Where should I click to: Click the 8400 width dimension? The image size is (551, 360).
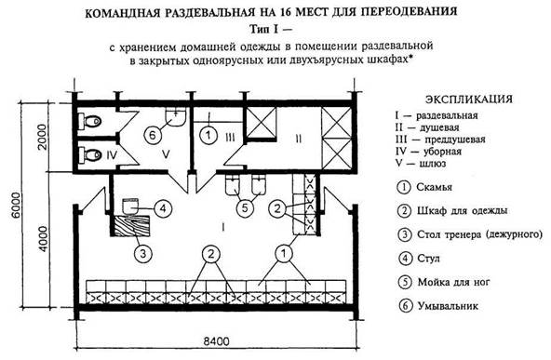(217, 340)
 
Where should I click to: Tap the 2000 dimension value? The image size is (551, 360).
(43, 137)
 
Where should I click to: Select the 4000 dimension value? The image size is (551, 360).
(43, 239)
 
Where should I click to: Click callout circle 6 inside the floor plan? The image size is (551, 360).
(153, 135)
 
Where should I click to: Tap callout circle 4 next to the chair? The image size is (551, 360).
(163, 208)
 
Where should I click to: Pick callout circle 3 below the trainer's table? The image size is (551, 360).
(143, 253)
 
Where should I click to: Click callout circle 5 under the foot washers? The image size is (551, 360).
(245, 208)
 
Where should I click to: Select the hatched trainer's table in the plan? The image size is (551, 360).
(132, 225)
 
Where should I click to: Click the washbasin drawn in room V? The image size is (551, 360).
(175, 117)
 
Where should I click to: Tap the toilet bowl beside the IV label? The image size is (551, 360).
(90, 154)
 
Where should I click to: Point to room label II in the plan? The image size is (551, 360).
(299, 139)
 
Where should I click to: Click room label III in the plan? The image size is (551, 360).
(230, 137)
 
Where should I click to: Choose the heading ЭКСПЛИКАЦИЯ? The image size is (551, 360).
(469, 100)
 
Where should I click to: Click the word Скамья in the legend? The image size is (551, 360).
(435, 187)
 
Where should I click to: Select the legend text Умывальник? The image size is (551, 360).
(448, 306)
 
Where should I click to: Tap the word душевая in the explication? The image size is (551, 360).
(437, 127)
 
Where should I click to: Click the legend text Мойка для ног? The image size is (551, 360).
(453, 282)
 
